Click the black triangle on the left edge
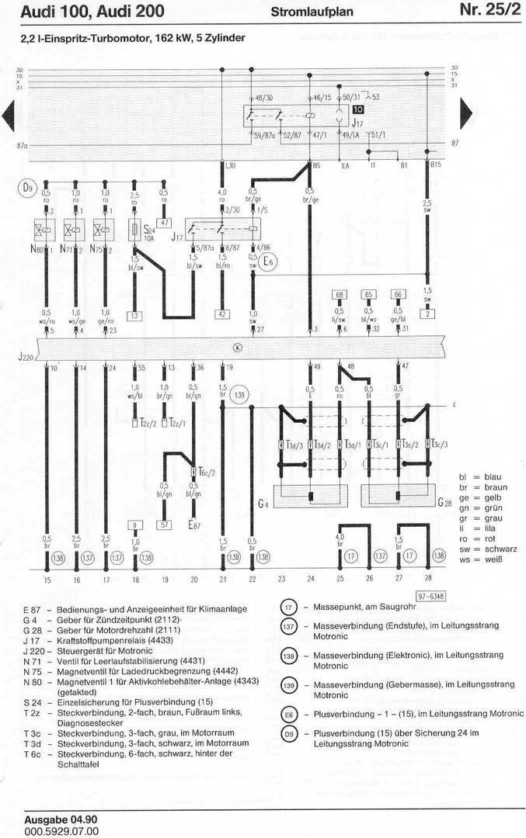(x=9, y=114)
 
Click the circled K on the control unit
(x=237, y=347)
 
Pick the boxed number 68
(x=340, y=295)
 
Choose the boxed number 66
(x=398, y=295)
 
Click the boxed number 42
(x=222, y=315)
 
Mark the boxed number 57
(x=164, y=525)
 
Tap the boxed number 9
(x=135, y=525)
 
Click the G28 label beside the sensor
(x=444, y=503)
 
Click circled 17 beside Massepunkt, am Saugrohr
(x=289, y=608)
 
